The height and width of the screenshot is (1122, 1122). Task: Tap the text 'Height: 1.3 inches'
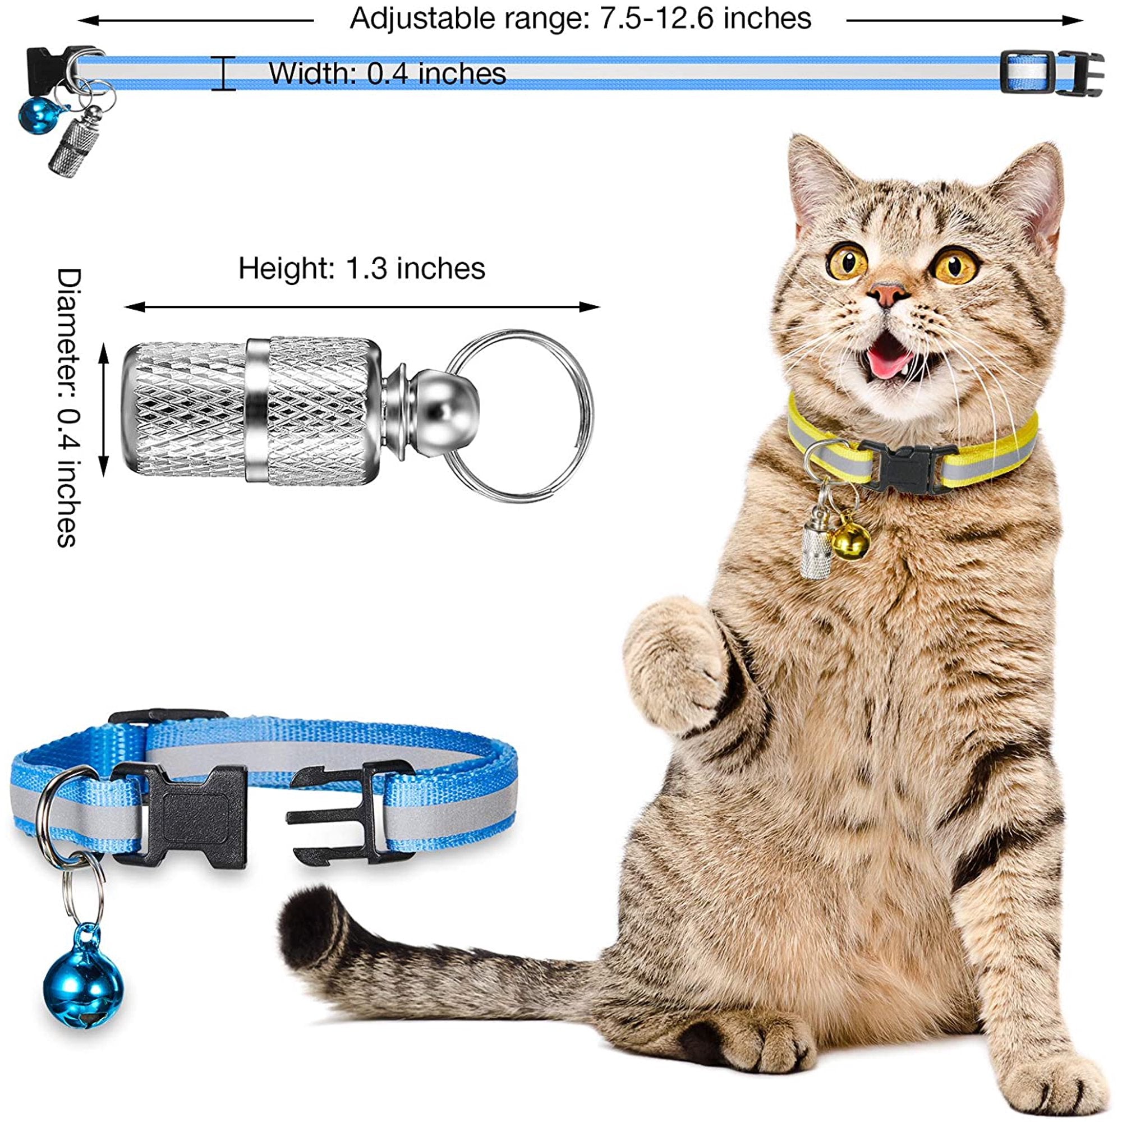[x=361, y=269]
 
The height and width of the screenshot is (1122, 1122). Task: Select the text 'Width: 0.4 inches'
[x=387, y=73]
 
